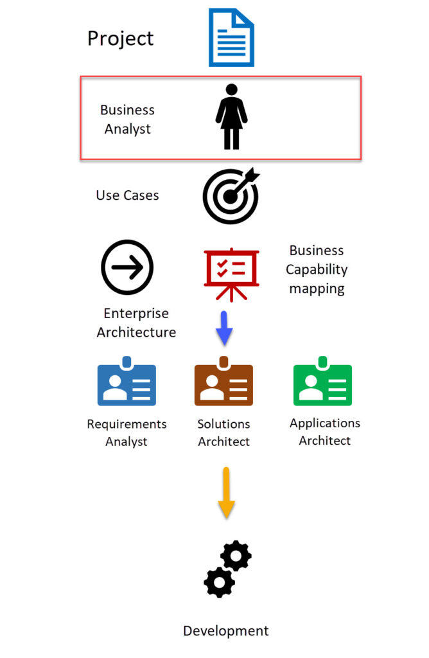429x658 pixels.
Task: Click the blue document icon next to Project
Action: pyautogui.click(x=231, y=37)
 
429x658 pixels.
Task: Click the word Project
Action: pyautogui.click(x=121, y=38)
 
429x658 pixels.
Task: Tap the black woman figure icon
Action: pyautogui.click(x=231, y=117)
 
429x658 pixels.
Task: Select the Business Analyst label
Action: pyautogui.click(x=127, y=120)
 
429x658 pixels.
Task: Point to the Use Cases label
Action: pyautogui.click(x=127, y=195)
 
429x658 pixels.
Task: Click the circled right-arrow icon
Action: pyautogui.click(x=127, y=267)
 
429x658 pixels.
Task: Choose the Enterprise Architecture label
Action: pyautogui.click(x=136, y=323)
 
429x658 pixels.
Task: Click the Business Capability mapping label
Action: pyautogui.click(x=317, y=269)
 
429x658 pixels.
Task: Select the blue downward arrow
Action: pyautogui.click(x=223, y=328)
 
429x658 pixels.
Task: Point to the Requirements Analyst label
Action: pyautogui.click(x=127, y=432)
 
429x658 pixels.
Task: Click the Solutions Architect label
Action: pyautogui.click(x=223, y=432)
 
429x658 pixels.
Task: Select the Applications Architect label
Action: pyautogui.click(x=325, y=432)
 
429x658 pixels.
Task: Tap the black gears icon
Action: pyautogui.click(x=227, y=568)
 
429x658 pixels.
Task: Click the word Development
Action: pyautogui.click(x=226, y=630)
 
